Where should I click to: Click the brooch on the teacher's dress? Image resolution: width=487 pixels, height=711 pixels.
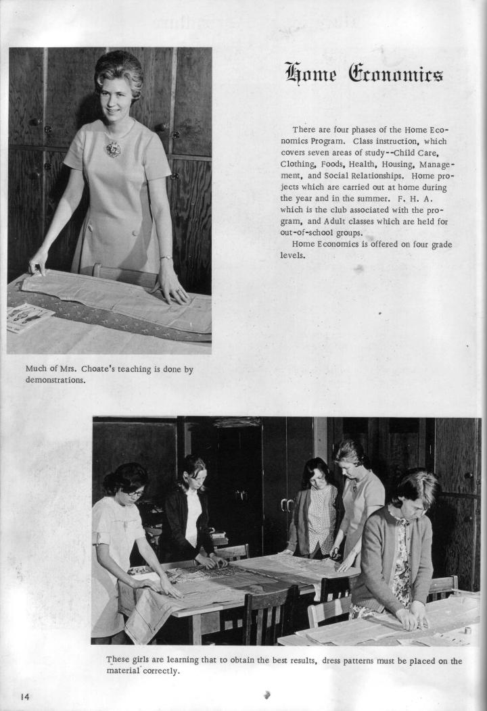point(113,148)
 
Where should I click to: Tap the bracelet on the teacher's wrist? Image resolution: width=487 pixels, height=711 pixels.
point(165,258)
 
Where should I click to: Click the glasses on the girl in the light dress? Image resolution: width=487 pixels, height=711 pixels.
point(134,493)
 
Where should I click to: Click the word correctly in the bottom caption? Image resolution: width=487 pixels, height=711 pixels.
point(160,671)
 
